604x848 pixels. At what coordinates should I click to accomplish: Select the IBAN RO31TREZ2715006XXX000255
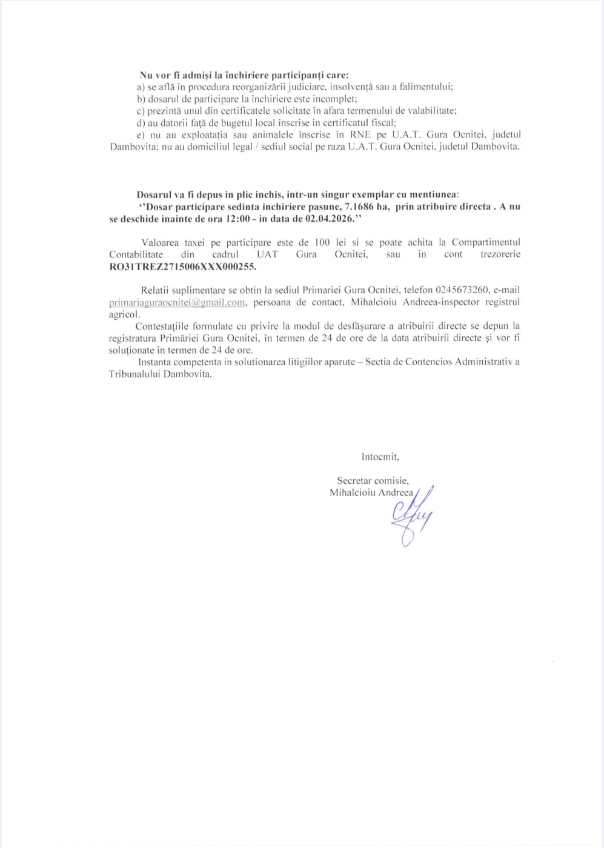182,266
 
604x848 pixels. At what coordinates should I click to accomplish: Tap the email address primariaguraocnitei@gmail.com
177,302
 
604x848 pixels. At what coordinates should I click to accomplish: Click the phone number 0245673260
462,290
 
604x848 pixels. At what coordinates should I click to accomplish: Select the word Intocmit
380,457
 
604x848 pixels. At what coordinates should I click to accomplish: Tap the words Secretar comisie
373,481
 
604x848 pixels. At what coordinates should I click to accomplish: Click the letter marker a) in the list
141,87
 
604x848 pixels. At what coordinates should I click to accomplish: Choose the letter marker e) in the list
141,134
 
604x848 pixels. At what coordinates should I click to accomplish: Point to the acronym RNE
360,134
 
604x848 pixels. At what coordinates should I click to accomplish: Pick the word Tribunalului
134,374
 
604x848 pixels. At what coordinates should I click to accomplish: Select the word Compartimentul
486,242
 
